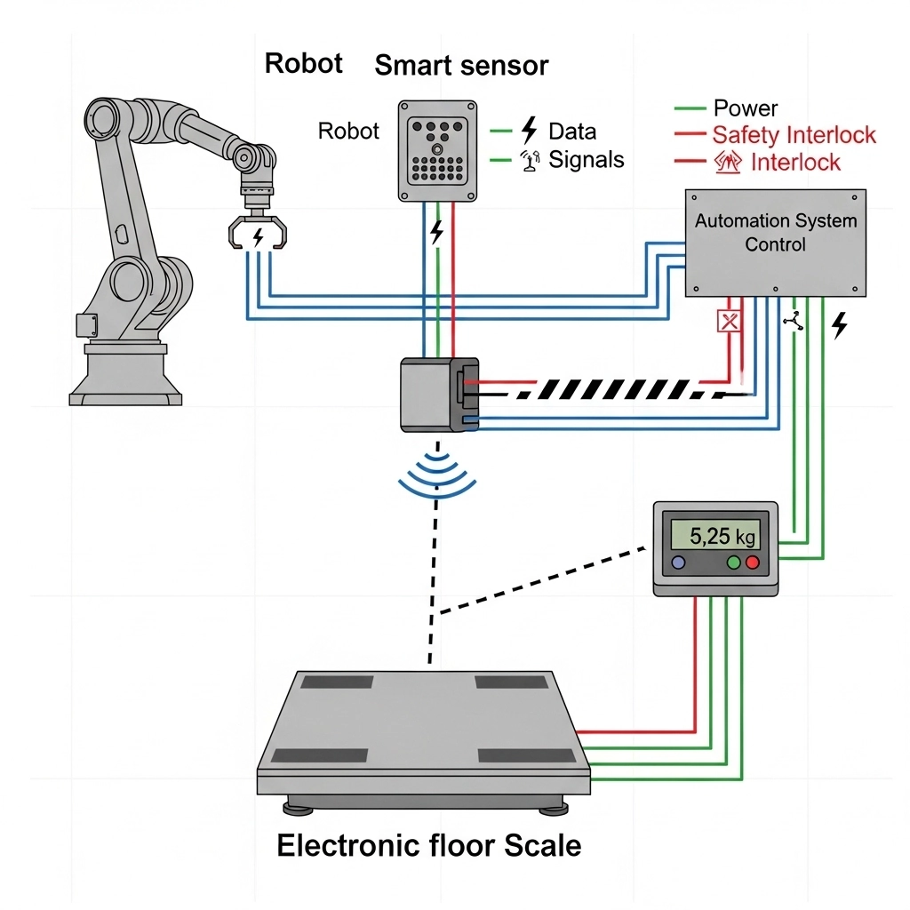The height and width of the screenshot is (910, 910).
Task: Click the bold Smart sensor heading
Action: (x=461, y=65)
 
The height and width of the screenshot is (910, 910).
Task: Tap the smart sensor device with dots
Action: (x=435, y=148)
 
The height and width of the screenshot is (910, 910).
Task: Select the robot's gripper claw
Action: (x=258, y=232)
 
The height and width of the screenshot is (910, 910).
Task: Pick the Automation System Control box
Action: (x=775, y=242)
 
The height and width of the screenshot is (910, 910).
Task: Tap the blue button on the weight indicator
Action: (x=679, y=563)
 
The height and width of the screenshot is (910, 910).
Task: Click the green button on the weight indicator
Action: (x=734, y=563)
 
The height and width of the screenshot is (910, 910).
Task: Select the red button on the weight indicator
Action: (x=753, y=563)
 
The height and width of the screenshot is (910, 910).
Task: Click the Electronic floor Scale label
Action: (x=428, y=844)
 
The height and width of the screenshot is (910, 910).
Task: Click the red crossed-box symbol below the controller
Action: (x=729, y=321)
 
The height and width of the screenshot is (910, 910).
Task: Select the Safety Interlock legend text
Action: (x=794, y=135)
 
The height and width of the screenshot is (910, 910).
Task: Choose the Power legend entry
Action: (x=745, y=108)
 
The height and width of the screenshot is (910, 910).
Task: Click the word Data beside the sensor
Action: (x=572, y=132)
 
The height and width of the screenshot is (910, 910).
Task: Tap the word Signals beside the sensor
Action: (x=586, y=160)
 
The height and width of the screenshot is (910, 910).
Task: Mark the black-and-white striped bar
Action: (x=613, y=389)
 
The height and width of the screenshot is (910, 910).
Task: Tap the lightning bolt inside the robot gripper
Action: (x=259, y=236)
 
